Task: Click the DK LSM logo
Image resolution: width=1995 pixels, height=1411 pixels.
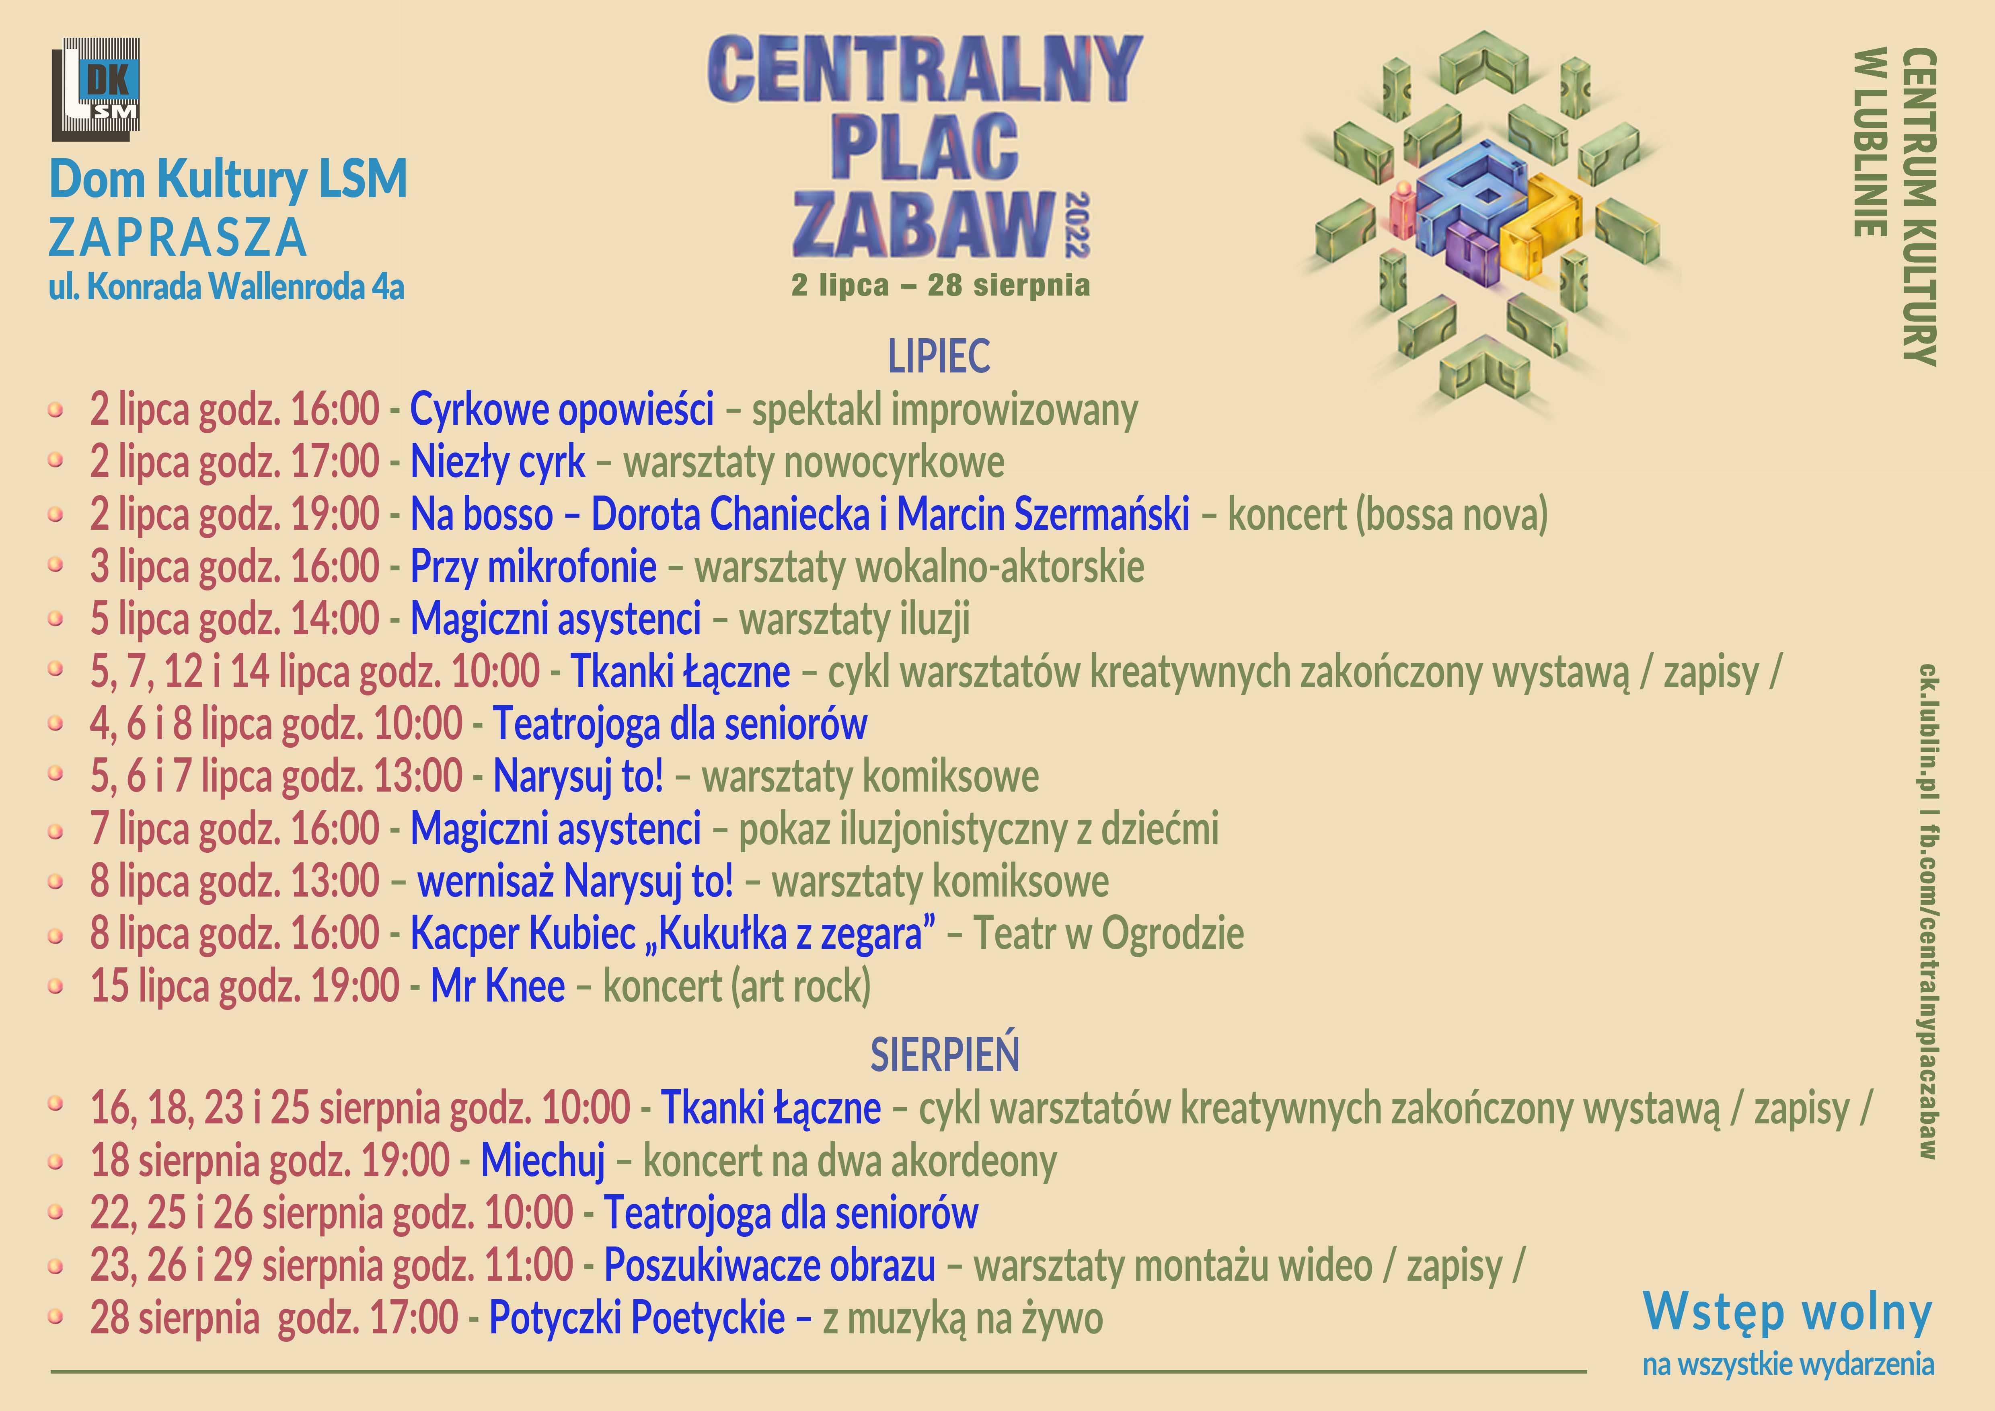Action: click(96, 89)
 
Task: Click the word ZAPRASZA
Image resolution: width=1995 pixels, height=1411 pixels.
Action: click(178, 237)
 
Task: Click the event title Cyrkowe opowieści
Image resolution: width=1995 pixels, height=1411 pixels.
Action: click(561, 409)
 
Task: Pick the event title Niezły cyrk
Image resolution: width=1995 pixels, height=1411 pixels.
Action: click(498, 461)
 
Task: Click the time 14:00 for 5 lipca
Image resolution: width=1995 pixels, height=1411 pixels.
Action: click(335, 619)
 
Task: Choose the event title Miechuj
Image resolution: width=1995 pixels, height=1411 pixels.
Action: click(543, 1161)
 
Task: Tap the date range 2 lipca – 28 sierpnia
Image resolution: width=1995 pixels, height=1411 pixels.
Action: click(940, 285)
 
